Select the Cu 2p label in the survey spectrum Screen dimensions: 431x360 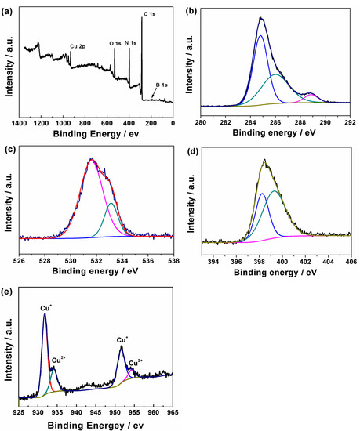pyautogui.click(x=79, y=46)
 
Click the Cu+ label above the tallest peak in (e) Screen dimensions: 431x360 pyautogui.click(x=45, y=308)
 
